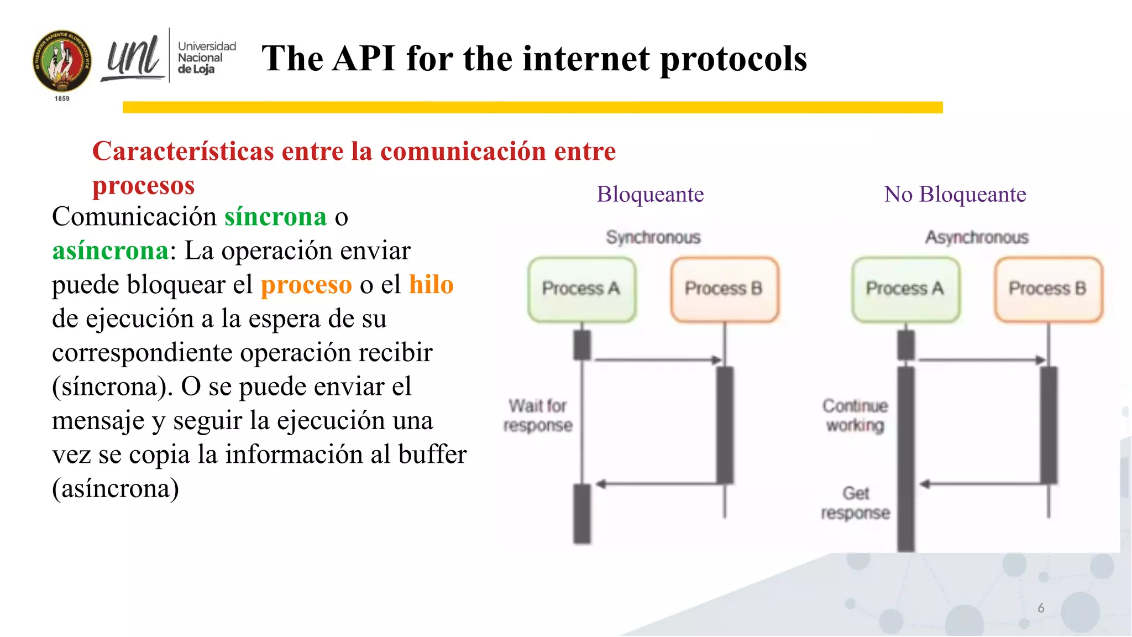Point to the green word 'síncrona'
[x=275, y=217]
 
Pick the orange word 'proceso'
[x=306, y=285]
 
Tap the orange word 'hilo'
[x=431, y=285]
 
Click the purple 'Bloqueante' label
[x=650, y=195]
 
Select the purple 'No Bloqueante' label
[x=955, y=195]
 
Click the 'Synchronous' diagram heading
[x=653, y=238]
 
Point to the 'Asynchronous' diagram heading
[x=977, y=238]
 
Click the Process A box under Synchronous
[x=581, y=289]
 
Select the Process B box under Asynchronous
[x=1048, y=289]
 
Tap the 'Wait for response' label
[x=538, y=415]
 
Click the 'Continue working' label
[x=855, y=415]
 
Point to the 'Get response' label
[x=855, y=503]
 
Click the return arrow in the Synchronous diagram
[x=658, y=484]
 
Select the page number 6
[x=1041, y=608]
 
